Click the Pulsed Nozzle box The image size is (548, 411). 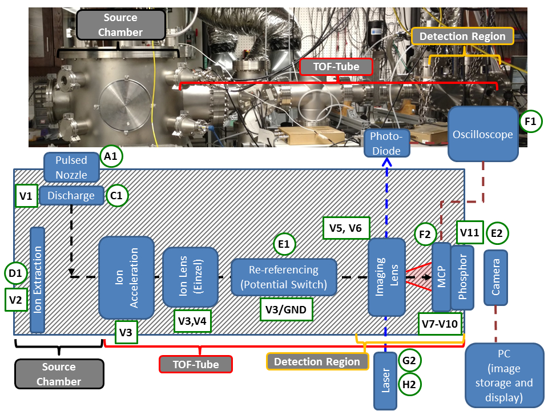coord(71,166)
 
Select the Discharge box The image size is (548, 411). coord(71,196)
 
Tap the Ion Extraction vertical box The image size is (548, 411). coord(37,280)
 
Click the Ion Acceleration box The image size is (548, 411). coord(126,277)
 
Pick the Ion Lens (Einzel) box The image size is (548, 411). coord(191,277)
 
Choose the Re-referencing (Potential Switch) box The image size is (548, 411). coord(284,277)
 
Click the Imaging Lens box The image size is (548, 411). coord(386,277)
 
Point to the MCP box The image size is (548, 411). coord(441,276)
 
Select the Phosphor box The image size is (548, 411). coord(462,276)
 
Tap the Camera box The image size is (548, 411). coord(495,276)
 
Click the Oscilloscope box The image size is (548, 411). coord(483,135)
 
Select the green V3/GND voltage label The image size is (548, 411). coord(286,310)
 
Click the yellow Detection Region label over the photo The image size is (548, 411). coord(462,37)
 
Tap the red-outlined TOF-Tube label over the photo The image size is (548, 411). coord(337,67)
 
